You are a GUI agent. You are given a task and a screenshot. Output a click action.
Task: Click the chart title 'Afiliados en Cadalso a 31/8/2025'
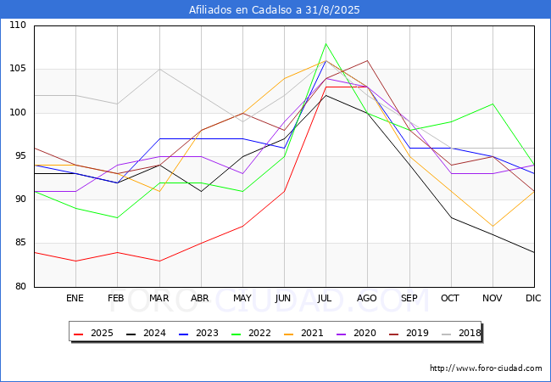click(x=274, y=9)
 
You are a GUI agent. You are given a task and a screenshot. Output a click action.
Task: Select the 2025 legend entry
click(x=93, y=333)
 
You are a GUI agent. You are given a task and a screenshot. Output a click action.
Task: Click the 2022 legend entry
click(x=251, y=333)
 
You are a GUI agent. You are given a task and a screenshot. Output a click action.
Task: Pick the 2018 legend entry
click(x=461, y=333)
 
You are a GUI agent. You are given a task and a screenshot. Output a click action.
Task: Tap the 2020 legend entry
click(x=356, y=333)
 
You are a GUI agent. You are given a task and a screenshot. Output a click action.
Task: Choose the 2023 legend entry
click(x=198, y=333)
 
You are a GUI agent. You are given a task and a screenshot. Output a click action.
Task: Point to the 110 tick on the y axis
click(x=18, y=25)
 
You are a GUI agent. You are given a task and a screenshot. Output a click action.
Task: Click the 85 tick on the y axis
click(x=20, y=242)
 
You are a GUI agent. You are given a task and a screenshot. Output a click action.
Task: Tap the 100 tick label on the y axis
click(x=18, y=112)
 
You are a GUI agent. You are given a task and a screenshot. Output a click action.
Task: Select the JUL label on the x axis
click(x=325, y=298)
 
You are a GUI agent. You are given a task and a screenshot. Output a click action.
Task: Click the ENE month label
click(x=75, y=298)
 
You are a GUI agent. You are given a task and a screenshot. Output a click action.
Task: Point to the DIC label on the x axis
click(x=533, y=298)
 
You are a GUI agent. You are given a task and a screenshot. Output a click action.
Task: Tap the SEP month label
click(x=409, y=298)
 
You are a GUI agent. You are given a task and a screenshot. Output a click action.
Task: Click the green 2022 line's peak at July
click(x=326, y=43)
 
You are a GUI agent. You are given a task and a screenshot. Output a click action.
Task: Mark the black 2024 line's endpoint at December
click(x=534, y=252)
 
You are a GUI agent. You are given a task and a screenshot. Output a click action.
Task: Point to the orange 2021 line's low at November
click(x=493, y=226)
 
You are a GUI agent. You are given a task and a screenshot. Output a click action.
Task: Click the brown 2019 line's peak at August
click(x=368, y=61)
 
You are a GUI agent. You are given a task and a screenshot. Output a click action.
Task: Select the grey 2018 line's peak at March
click(x=160, y=70)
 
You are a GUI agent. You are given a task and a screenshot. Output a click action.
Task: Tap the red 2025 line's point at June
click(x=284, y=191)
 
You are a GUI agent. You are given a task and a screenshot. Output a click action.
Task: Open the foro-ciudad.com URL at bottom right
click(x=486, y=368)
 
